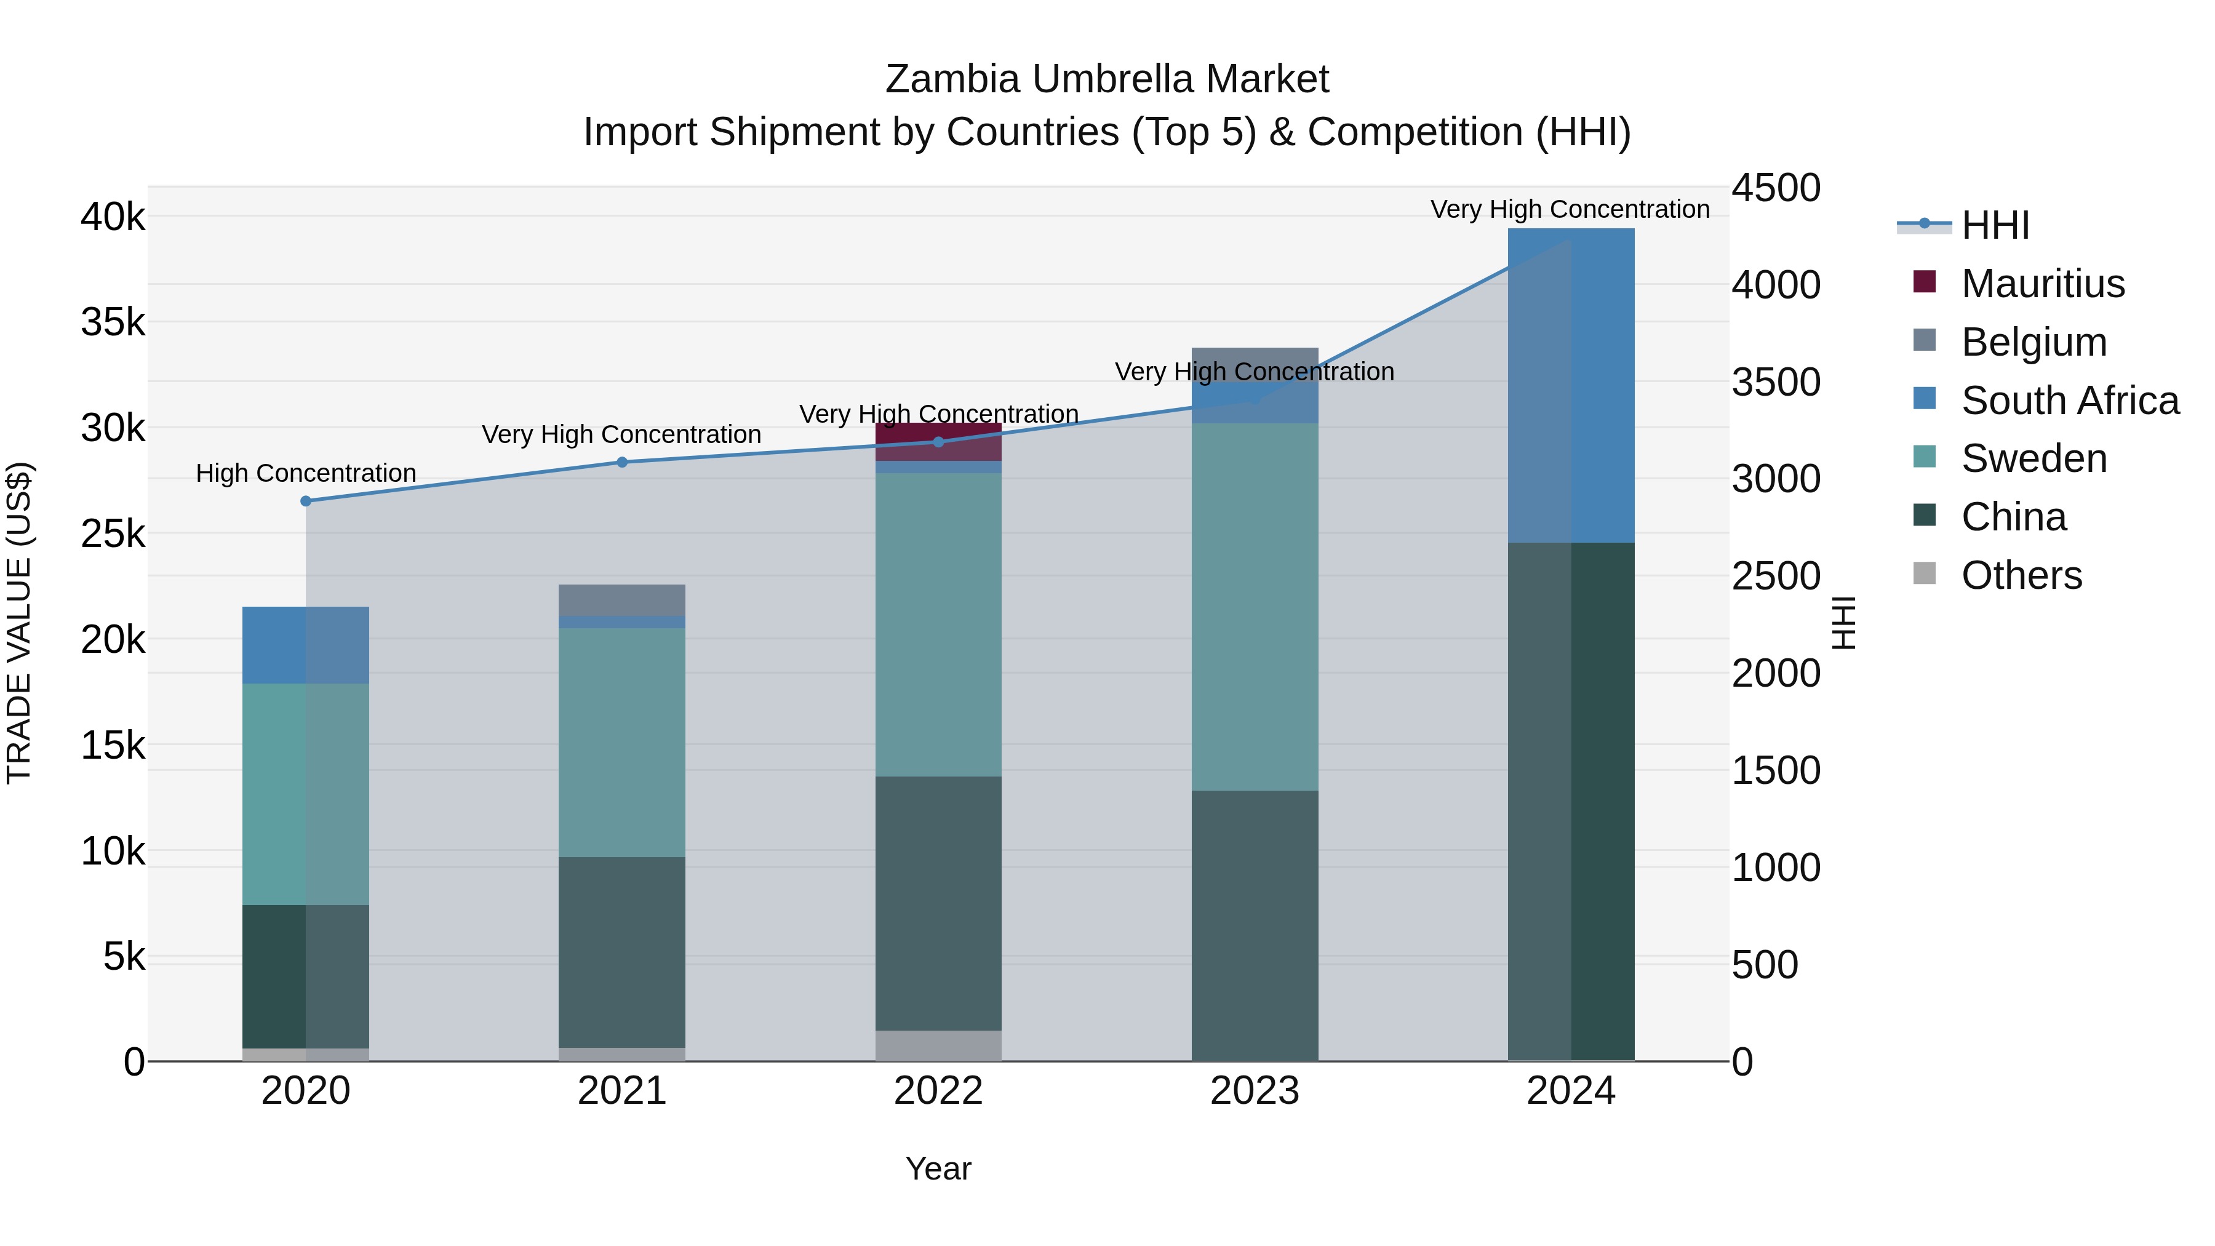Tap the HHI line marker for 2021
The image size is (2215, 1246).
(623, 463)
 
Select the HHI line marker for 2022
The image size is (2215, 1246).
(938, 442)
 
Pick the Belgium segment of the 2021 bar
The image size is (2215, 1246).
(623, 600)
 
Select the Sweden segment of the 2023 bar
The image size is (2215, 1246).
(1255, 606)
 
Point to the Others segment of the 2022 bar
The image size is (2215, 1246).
(938, 1045)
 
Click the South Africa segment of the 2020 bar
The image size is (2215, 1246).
(306, 645)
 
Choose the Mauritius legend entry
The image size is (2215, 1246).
(2043, 284)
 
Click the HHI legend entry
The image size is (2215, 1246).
(1995, 225)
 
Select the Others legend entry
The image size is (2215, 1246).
(2021, 575)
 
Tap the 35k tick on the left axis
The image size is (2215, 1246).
(113, 322)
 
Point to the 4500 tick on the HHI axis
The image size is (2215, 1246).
(1776, 188)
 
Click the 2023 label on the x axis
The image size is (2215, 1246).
(1255, 1091)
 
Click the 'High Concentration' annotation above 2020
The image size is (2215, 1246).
(306, 474)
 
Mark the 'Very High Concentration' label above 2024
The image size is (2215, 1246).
(1570, 210)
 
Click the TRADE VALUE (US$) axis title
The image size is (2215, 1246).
(19, 623)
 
